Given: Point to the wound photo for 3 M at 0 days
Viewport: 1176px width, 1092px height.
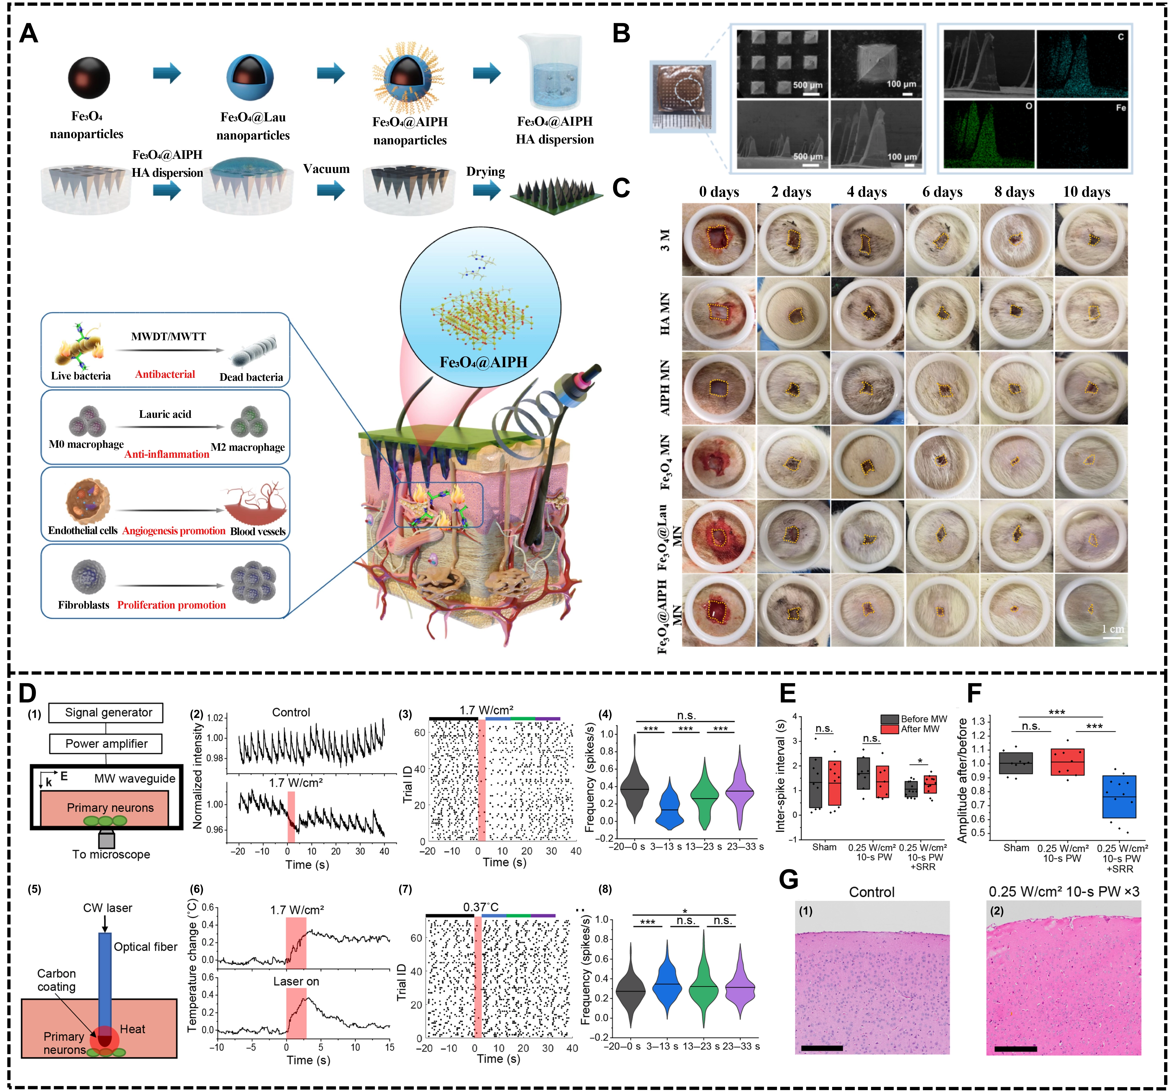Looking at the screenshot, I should pos(719,240).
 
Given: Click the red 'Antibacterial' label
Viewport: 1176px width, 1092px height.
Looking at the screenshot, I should pos(165,374).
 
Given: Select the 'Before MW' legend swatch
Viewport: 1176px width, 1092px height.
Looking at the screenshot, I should pos(889,719).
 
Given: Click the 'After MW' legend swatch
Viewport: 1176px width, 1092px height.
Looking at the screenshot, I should pos(889,729).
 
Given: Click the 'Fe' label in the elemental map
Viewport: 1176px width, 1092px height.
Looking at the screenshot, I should pos(1120,108).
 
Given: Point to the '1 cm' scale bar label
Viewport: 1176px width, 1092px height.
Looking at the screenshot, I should pos(1112,629).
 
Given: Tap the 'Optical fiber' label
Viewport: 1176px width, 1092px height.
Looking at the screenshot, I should pos(145,947).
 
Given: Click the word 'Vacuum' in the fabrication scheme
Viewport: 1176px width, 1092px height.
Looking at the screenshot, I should pos(326,169).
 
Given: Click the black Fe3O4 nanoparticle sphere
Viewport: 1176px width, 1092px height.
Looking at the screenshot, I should pos(89,77).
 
